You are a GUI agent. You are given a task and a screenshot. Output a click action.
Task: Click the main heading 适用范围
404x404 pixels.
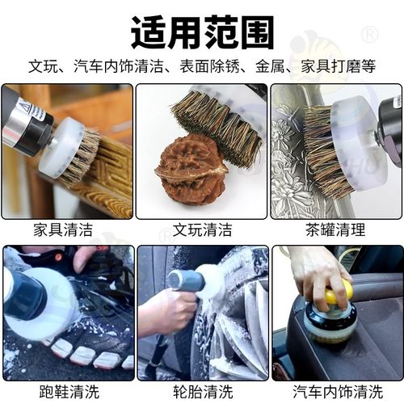pyautogui.click(x=202, y=32)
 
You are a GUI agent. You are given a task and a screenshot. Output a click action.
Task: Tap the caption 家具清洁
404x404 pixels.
pyautogui.click(x=66, y=229)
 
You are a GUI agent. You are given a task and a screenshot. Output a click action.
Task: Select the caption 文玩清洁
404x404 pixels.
pyautogui.click(x=201, y=229)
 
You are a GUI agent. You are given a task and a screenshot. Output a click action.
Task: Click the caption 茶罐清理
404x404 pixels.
pyautogui.click(x=336, y=229)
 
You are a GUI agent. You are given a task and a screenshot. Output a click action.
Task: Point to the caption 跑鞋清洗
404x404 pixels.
pyautogui.click(x=66, y=392)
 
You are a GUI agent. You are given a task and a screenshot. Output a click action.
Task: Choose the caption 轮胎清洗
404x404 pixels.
pyautogui.click(x=201, y=392)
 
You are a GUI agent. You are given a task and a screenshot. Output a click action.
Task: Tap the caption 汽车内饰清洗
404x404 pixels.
pyautogui.click(x=336, y=392)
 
